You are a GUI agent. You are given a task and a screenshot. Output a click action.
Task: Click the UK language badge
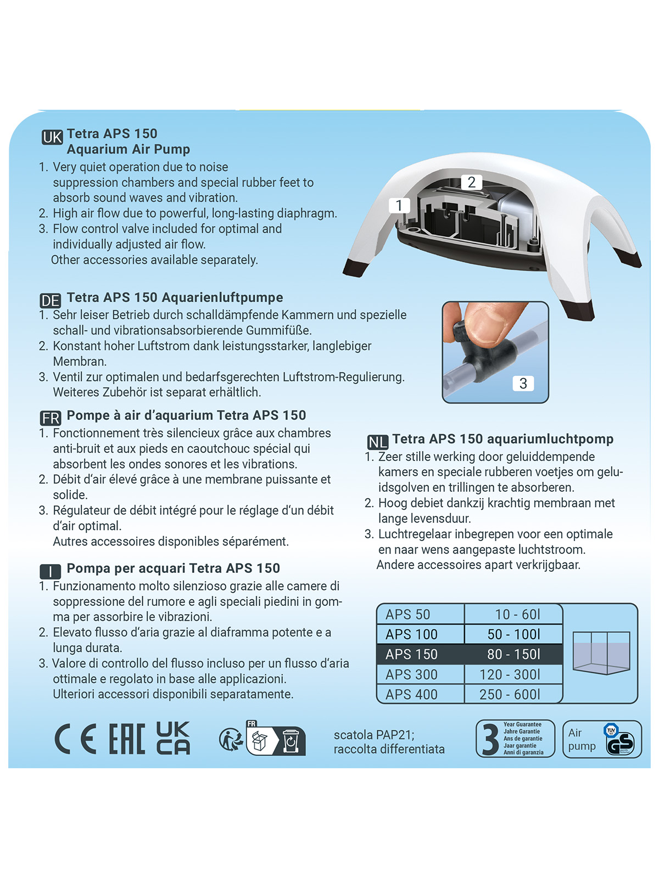(x=52, y=137)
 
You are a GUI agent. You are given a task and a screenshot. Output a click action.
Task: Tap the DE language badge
(x=51, y=301)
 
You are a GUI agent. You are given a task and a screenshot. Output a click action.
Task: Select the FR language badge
(x=51, y=418)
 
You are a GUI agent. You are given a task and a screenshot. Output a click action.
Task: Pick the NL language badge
(x=377, y=442)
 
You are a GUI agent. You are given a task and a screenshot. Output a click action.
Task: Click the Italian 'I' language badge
(x=51, y=572)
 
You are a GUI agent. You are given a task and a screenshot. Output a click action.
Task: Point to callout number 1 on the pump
(x=399, y=206)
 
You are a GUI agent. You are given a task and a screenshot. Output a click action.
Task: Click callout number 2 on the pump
(x=471, y=182)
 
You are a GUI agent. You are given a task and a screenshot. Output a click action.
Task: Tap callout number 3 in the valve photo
(x=523, y=384)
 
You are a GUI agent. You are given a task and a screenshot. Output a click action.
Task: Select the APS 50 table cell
(x=420, y=615)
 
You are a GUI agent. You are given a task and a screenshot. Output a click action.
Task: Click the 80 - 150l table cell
(x=513, y=654)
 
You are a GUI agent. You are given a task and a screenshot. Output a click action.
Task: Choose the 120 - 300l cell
(x=513, y=674)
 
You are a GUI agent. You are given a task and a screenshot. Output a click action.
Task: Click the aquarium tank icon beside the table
(x=601, y=653)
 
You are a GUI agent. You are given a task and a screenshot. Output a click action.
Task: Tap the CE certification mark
(x=75, y=739)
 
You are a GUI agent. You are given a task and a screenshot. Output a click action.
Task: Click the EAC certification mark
(x=127, y=739)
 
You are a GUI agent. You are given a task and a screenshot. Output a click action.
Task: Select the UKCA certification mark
(x=173, y=738)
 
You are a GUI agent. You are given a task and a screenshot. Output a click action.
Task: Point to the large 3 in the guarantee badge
(x=490, y=740)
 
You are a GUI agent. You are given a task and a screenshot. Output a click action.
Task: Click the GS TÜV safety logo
(x=620, y=740)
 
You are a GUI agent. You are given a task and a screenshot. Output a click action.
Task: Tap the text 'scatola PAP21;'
(x=374, y=735)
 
